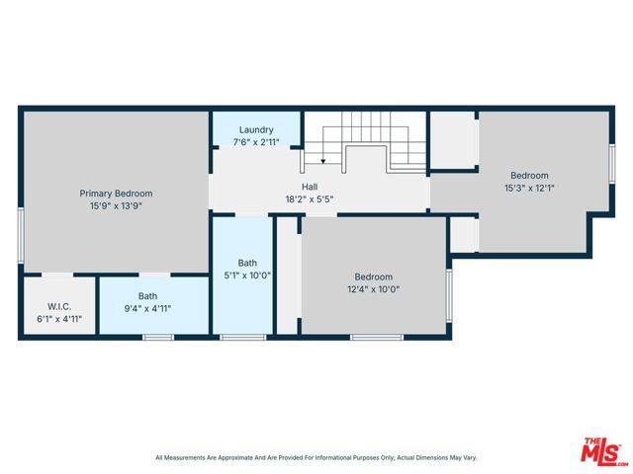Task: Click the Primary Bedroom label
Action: tap(116, 194)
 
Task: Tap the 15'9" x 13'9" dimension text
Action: tap(116, 206)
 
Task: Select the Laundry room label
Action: tap(256, 129)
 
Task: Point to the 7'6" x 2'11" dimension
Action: tap(256, 142)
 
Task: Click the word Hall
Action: tap(310, 186)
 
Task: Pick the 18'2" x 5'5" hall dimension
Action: tap(310, 198)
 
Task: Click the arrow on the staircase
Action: tap(323, 160)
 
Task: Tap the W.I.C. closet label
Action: tap(57, 307)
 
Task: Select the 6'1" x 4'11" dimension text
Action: tap(57, 320)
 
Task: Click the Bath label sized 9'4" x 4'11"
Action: tap(147, 295)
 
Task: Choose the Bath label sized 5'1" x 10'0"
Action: tap(247, 263)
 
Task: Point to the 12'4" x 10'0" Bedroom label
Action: tap(374, 276)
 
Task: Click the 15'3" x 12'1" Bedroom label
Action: tap(529, 175)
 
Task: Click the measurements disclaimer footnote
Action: tap(316, 458)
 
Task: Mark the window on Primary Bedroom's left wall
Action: tap(21, 235)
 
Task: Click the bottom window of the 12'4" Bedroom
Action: tap(377, 338)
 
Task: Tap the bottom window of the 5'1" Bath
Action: tap(236, 338)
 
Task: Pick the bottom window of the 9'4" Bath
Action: tap(158, 338)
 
